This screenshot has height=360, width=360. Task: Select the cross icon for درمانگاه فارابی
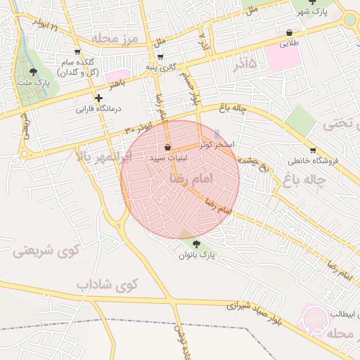point(98,98)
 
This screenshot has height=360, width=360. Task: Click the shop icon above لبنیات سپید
point(167,148)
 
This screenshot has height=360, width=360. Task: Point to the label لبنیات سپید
point(167,159)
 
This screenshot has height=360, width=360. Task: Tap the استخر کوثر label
point(217,143)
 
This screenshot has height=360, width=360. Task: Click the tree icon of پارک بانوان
point(195,245)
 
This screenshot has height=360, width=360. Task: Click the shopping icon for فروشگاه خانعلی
point(313,150)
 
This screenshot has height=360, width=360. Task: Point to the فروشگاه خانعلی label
point(313,160)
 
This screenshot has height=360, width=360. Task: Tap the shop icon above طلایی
point(290,32)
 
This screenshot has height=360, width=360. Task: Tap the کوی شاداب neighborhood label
point(109,284)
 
